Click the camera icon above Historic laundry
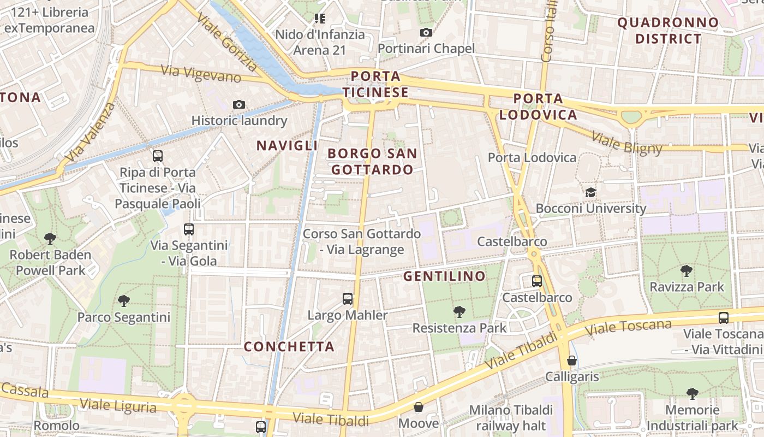pyautogui.click(x=238, y=104)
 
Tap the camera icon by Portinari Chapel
pyautogui.click(x=426, y=33)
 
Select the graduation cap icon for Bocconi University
pyautogui.click(x=590, y=192)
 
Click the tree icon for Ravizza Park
pyautogui.click(x=686, y=270)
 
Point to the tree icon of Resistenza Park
pyautogui.click(x=459, y=312)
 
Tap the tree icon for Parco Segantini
pyautogui.click(x=124, y=300)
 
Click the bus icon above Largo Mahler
pyautogui.click(x=348, y=299)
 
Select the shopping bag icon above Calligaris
pyautogui.click(x=571, y=361)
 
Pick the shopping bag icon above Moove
pyautogui.click(x=418, y=407)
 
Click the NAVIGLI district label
pyautogui.click(x=287, y=145)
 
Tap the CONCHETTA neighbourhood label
pyautogui.click(x=289, y=346)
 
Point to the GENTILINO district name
pyautogui.click(x=444, y=276)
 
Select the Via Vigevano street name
pyautogui.click(x=201, y=74)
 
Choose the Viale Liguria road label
pyautogui.click(x=118, y=405)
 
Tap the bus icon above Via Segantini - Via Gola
pyautogui.click(x=189, y=229)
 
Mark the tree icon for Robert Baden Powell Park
pyautogui.click(x=50, y=239)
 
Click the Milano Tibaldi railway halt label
pyautogui.click(x=511, y=417)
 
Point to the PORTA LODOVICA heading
pyautogui.click(x=538, y=107)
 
